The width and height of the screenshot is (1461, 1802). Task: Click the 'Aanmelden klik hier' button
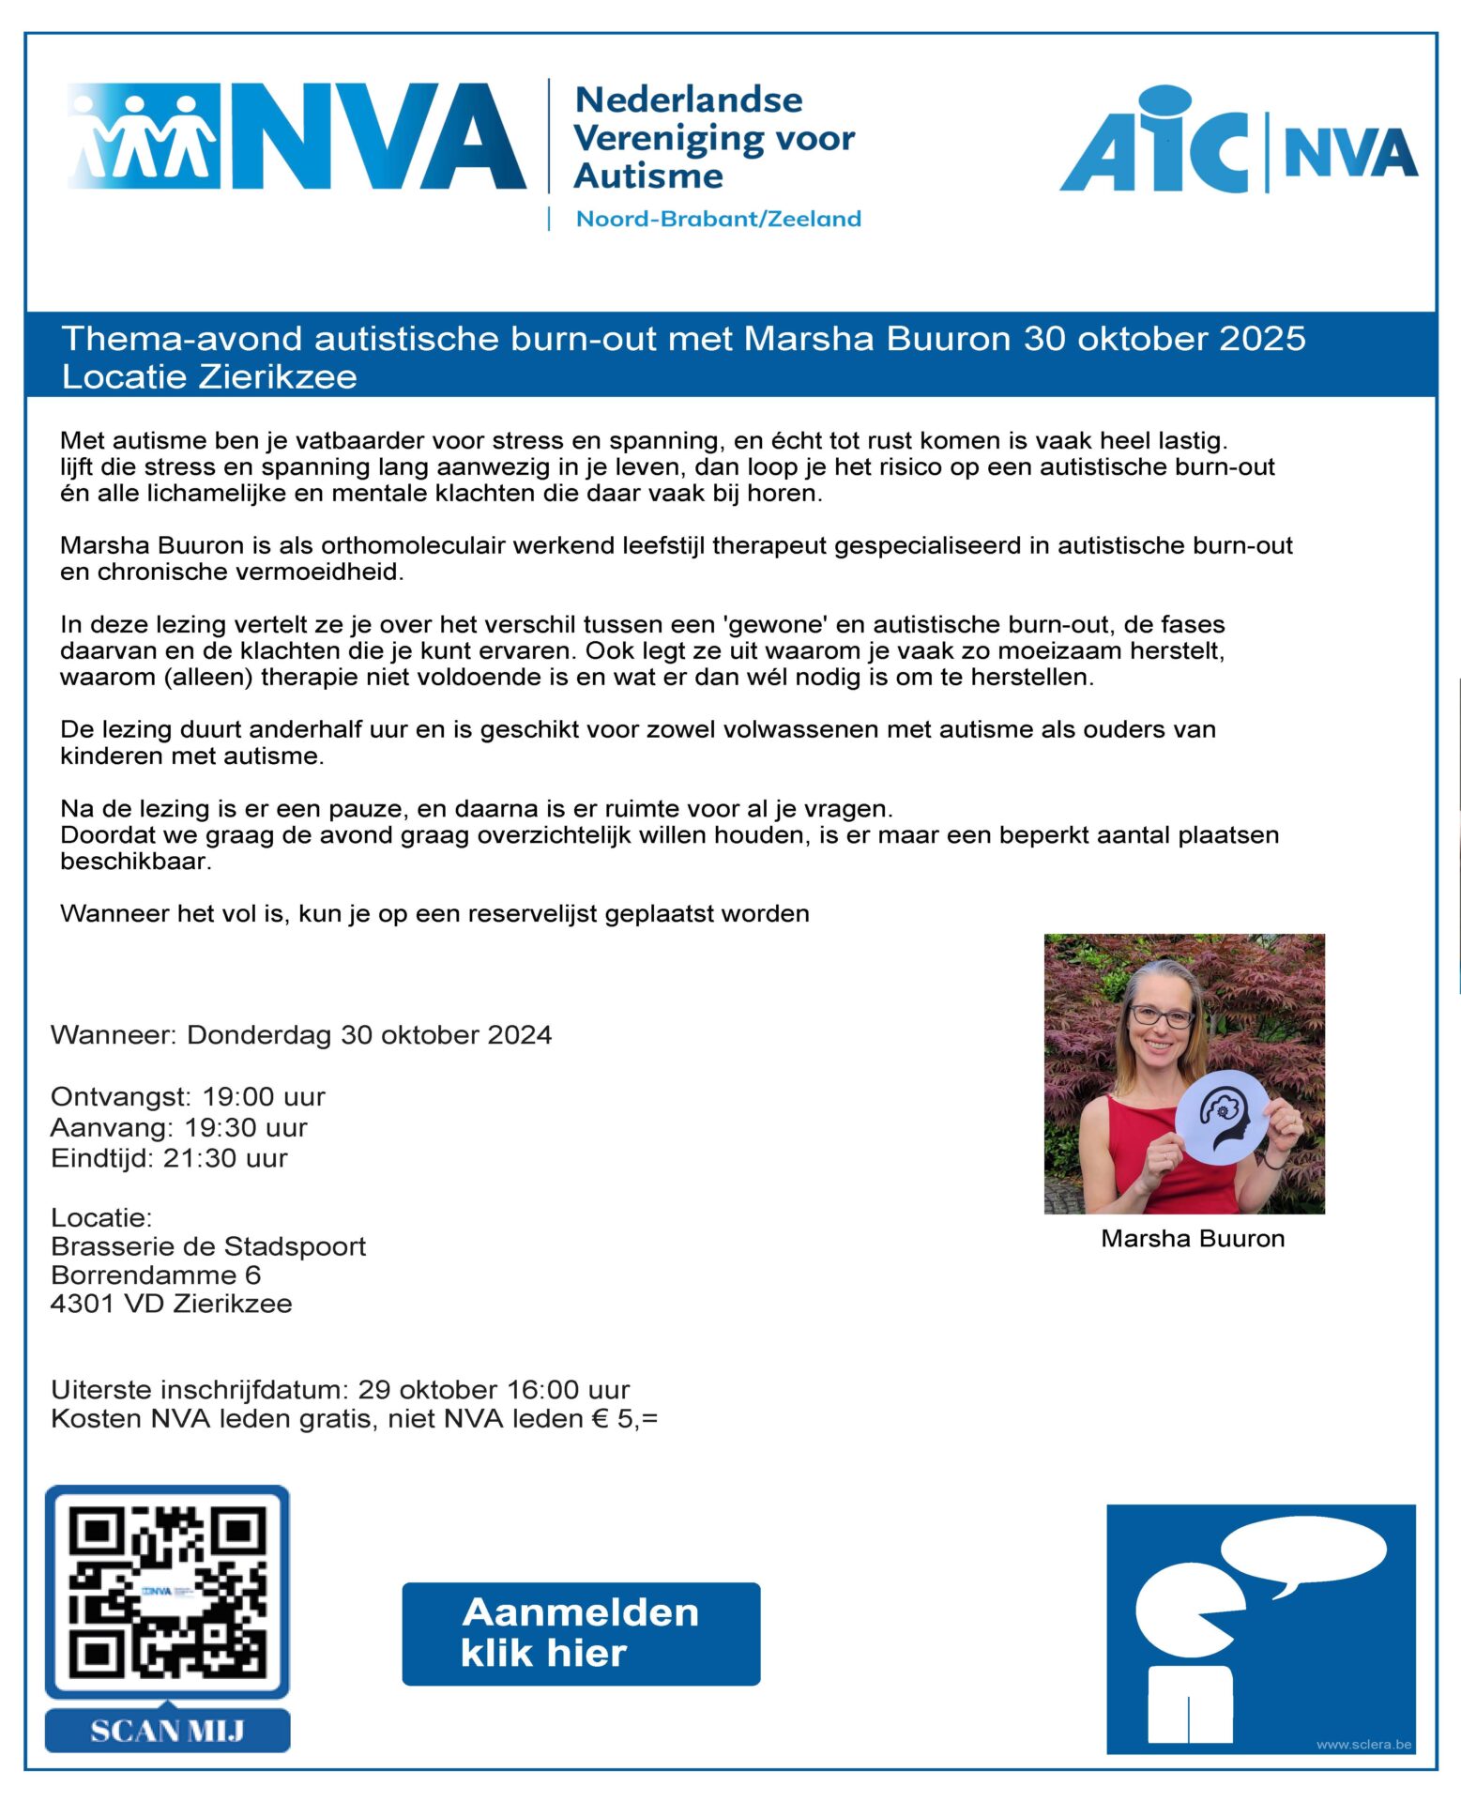click(581, 1633)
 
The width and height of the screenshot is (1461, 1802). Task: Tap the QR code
click(167, 1592)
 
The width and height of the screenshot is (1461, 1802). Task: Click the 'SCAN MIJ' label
click(167, 1730)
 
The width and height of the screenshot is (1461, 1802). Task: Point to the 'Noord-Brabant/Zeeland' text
click(718, 219)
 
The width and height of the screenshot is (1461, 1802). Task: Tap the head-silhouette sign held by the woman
click(1223, 1119)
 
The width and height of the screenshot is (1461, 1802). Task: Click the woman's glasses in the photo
click(1161, 1016)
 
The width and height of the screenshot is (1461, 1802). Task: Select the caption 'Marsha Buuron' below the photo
click(1193, 1239)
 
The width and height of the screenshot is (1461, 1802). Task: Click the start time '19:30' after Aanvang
click(220, 1127)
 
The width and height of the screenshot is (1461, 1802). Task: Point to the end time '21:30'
click(199, 1158)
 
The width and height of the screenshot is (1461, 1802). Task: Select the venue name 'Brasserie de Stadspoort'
click(208, 1246)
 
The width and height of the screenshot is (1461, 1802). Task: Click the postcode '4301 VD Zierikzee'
click(172, 1304)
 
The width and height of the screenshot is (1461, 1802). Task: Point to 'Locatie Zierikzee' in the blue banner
click(209, 377)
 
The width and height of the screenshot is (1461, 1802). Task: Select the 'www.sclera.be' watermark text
click(1363, 1745)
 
